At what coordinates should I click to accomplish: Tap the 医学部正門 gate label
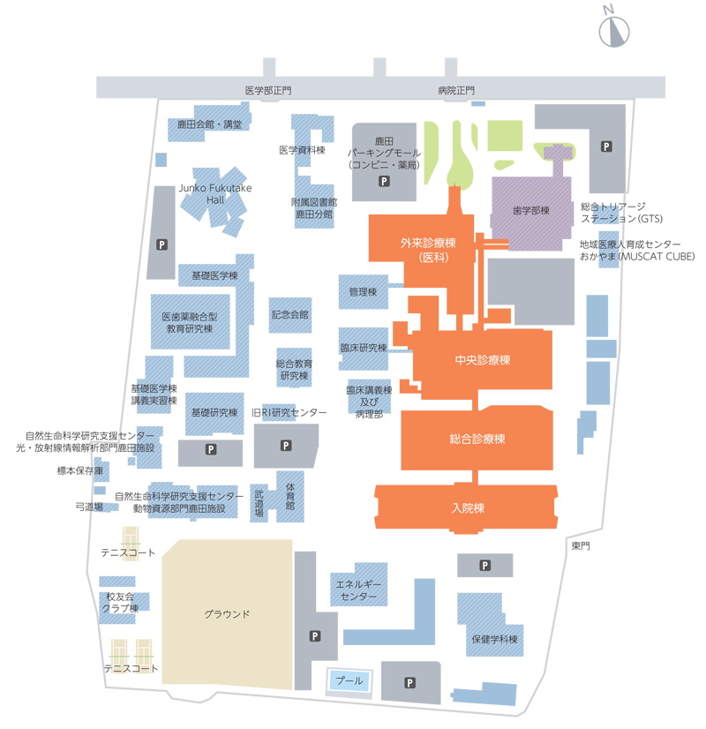point(268,91)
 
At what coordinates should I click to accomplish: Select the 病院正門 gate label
point(456,91)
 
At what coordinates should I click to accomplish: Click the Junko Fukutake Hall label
point(215,194)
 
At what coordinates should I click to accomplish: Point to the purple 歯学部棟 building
point(532,212)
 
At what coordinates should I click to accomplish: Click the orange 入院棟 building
point(466,507)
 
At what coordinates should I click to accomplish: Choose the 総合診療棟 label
point(477,439)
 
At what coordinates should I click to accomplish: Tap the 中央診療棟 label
point(483,360)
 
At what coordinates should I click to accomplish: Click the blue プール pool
point(349,681)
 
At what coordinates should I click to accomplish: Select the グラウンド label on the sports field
point(227,614)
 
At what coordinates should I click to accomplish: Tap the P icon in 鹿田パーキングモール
point(384,181)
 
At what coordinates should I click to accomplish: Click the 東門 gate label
point(581,545)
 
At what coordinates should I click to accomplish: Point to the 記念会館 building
point(290,315)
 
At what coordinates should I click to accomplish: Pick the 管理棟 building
point(363,292)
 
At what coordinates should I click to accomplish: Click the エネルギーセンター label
point(358,590)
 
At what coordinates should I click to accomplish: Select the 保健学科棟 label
point(494,639)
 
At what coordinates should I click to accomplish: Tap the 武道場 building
point(259,503)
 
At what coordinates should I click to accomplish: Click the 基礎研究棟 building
point(214,413)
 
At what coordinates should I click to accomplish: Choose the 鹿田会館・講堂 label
point(210,124)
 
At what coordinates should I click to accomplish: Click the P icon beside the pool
point(409,683)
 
